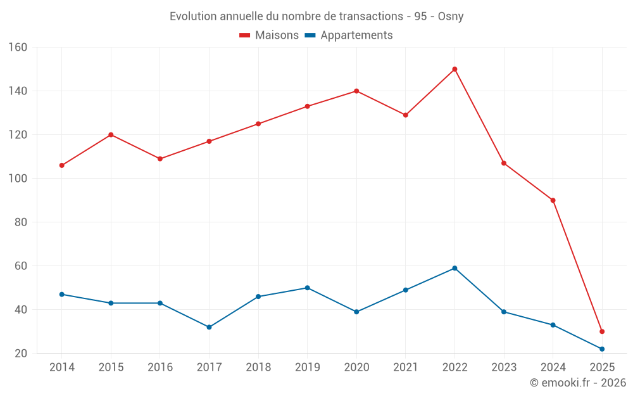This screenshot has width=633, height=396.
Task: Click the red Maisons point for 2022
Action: (454, 69)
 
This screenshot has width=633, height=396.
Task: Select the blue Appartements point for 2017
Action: (209, 327)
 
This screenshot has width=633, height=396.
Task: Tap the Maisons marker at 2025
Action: (602, 331)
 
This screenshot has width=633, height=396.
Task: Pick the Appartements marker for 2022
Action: (454, 268)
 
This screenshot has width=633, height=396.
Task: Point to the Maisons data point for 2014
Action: (61, 165)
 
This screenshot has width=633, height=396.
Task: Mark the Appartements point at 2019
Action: (307, 288)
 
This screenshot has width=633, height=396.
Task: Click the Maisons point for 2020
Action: (356, 91)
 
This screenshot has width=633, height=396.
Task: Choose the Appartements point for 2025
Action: (602, 349)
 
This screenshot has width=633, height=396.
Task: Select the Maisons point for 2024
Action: (553, 200)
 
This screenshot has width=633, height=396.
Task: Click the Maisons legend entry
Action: (270, 35)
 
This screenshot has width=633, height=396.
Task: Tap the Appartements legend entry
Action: (349, 35)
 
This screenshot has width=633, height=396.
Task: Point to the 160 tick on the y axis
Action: (18, 48)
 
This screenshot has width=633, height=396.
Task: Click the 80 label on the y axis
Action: (21, 222)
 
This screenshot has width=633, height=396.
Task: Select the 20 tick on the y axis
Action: (21, 354)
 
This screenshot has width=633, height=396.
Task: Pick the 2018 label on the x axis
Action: (258, 367)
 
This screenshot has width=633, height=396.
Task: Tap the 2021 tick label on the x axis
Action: (406, 367)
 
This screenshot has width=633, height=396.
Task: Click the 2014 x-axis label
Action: (61, 367)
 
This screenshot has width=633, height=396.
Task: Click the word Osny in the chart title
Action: (451, 16)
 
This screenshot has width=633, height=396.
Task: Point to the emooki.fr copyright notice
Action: (578, 383)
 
